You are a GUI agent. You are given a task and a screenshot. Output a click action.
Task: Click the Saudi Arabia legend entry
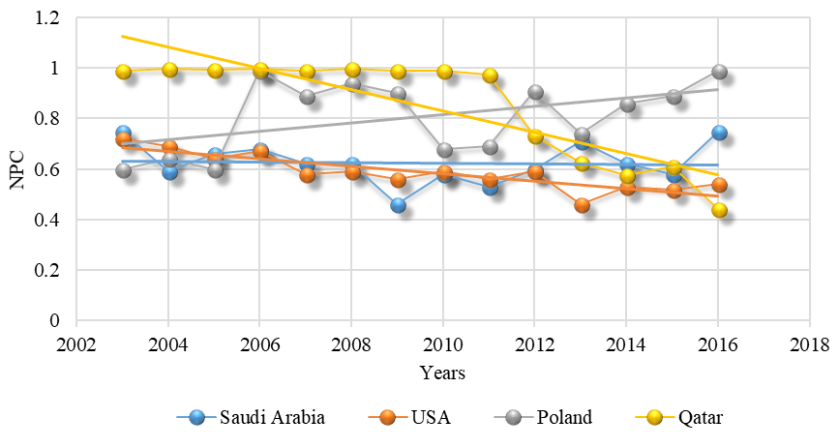point(251,417)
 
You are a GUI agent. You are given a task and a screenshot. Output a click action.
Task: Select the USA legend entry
point(410,417)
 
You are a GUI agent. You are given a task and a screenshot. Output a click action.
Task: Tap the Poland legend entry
point(543,417)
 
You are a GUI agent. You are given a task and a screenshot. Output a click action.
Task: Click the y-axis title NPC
point(17,170)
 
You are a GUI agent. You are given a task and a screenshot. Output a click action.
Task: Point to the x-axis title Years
point(442,372)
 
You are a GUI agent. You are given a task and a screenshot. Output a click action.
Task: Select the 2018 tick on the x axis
point(810,344)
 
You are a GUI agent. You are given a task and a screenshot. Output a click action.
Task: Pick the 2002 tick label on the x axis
point(76,344)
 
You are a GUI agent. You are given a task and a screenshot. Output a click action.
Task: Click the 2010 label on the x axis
point(442,344)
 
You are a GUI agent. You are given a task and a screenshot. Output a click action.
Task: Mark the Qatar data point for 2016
point(719,210)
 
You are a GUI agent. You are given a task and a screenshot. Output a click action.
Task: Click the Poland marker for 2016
point(719,72)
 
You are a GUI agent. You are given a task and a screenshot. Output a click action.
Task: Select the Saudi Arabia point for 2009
point(398,205)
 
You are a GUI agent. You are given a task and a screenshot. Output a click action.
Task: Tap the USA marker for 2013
point(582,205)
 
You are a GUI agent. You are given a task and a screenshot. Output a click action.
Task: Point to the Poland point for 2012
point(535,92)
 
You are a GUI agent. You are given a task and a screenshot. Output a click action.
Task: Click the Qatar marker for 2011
point(490,76)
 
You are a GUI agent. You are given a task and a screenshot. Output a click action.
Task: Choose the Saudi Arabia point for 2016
point(719,133)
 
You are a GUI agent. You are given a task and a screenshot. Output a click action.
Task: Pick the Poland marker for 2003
point(123,170)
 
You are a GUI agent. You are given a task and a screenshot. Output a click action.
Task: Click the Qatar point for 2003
point(123,72)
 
